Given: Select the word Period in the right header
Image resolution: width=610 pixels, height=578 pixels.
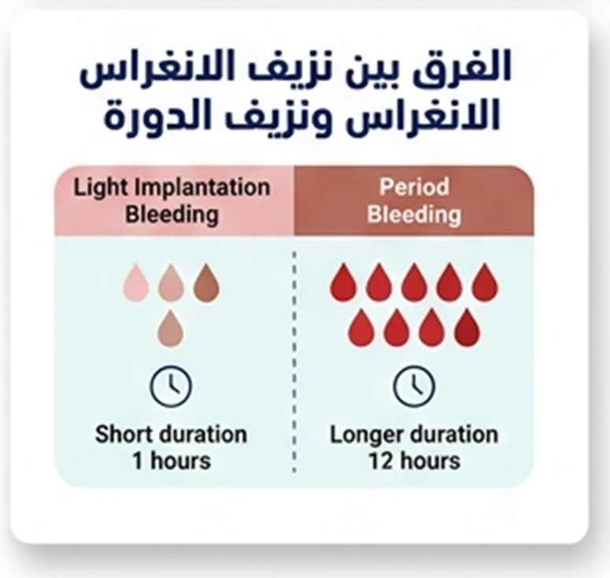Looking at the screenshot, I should click(x=414, y=188).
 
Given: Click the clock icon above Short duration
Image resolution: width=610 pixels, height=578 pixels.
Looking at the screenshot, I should click(x=171, y=386).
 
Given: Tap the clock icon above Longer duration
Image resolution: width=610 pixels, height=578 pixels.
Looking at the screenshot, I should click(x=414, y=386).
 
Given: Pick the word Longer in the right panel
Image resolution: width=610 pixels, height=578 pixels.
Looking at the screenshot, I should click(x=368, y=434).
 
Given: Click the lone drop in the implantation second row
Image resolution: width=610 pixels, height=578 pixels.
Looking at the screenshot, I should click(x=171, y=328).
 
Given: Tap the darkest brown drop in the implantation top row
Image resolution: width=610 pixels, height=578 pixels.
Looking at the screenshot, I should click(x=206, y=283).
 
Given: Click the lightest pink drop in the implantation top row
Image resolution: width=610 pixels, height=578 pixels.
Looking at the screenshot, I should click(x=136, y=283).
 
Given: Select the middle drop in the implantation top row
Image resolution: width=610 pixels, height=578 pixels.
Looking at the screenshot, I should click(x=171, y=283).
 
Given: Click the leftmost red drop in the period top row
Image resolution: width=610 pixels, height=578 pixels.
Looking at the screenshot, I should click(x=344, y=283).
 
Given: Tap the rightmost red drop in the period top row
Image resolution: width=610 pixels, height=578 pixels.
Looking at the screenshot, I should click(x=485, y=283).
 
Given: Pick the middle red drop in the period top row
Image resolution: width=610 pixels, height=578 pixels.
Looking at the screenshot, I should click(x=414, y=283).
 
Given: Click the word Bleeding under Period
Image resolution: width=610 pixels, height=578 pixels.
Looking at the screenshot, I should click(x=414, y=213).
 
